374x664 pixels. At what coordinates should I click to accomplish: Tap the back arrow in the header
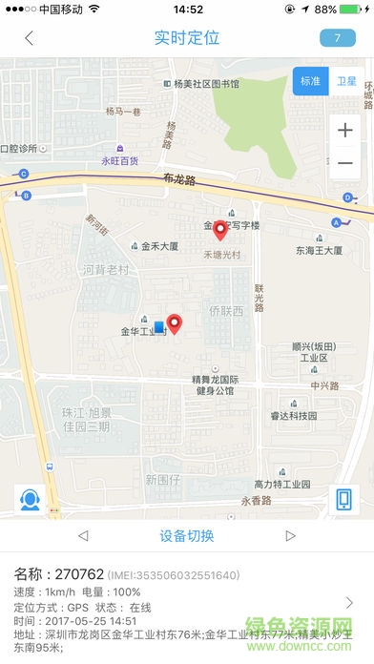coord(30,38)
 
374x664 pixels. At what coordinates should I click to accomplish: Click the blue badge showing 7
coord(338,38)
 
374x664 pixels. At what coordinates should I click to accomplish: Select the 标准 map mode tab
coord(310,81)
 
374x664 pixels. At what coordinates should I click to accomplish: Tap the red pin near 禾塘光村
coord(220,230)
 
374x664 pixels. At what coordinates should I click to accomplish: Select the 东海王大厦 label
coord(319,251)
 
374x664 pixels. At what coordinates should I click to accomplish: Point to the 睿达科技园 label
coord(294,416)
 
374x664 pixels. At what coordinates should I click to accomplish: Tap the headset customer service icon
coord(29,500)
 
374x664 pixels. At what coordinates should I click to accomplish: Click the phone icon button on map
coord(343,500)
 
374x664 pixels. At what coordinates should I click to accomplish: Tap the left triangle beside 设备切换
coord(83,536)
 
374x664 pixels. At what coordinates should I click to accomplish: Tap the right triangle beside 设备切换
coord(290,536)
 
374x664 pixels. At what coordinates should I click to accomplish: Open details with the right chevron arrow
coord(349,602)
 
